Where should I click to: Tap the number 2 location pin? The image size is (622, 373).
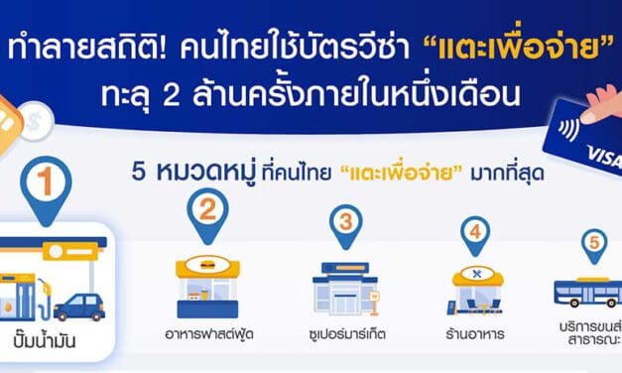(x=207, y=210)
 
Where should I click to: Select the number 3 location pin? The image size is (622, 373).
(x=344, y=222)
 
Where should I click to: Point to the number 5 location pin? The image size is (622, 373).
(x=594, y=242)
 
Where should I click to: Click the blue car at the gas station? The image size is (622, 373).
(x=80, y=307)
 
